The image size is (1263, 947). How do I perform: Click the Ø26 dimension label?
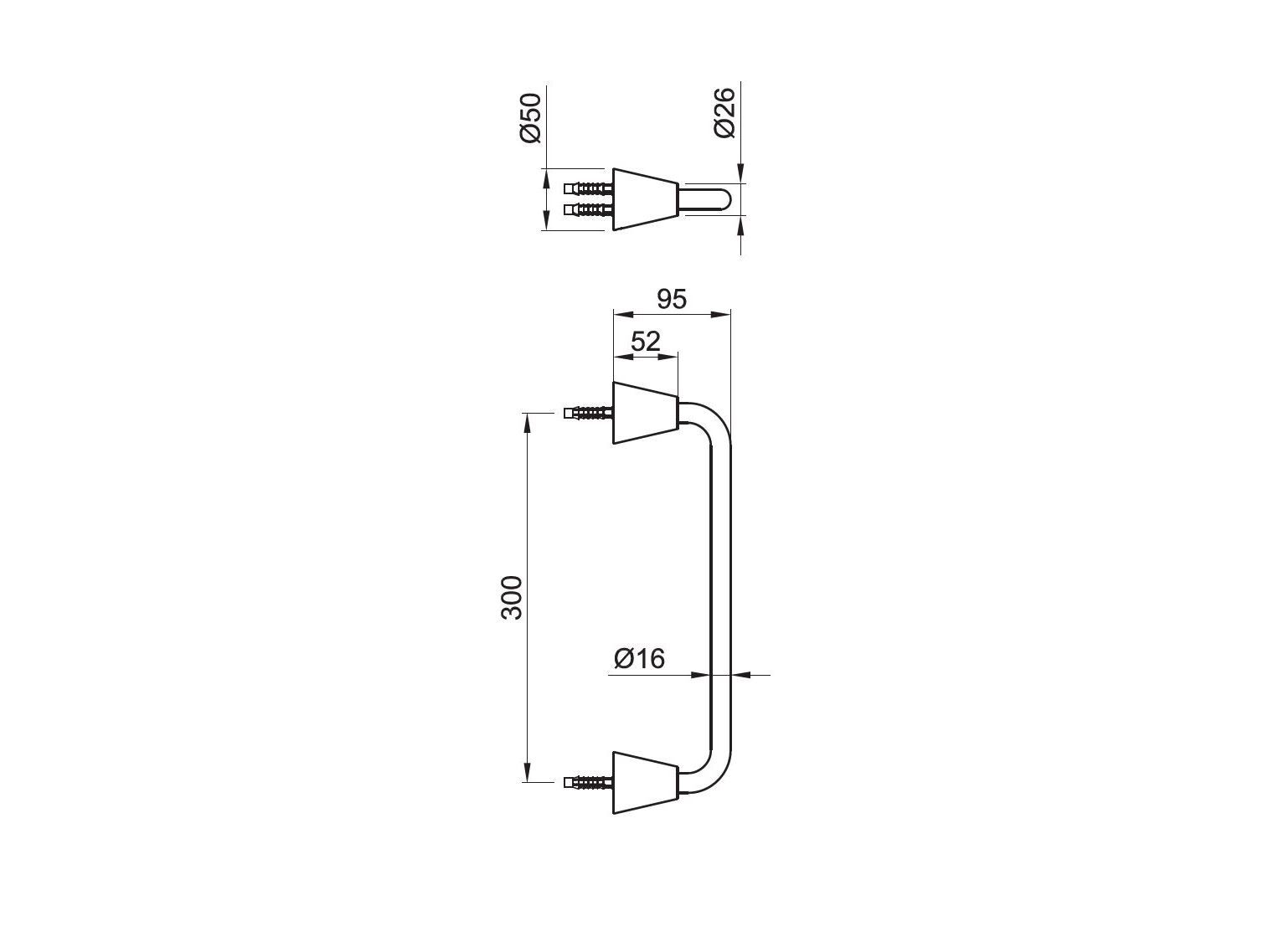[724, 113]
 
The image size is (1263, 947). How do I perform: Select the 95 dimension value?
[672, 300]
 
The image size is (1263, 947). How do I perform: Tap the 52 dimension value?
[646, 342]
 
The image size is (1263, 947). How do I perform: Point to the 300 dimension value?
[512, 597]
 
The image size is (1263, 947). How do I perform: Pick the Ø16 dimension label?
[639, 659]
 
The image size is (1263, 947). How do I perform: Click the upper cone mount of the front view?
[646, 413]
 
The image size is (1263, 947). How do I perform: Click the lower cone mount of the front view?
[646, 783]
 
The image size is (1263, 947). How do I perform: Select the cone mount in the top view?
[646, 199]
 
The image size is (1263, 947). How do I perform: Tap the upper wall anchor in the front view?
[588, 413]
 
